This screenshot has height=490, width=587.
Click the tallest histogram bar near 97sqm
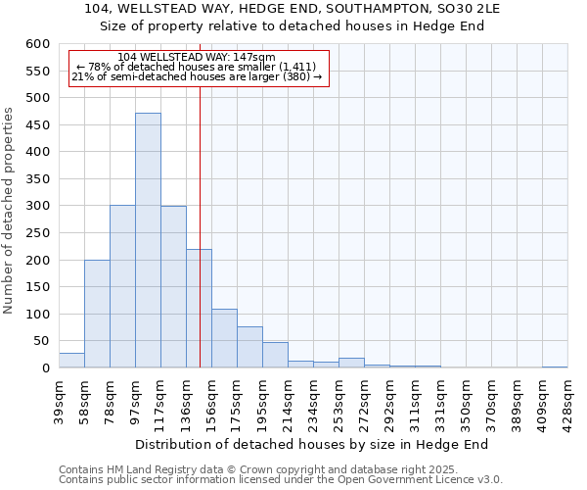click(148, 240)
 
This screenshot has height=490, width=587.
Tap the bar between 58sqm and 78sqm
click(97, 314)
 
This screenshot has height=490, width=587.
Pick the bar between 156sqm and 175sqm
click(224, 338)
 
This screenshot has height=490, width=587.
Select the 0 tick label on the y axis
click(45, 368)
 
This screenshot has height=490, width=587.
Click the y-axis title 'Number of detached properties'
click(10, 212)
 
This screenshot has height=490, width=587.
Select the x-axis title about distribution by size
click(311, 444)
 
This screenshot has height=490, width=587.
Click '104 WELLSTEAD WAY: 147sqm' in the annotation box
click(196, 58)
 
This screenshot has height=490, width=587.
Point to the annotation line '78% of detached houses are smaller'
click(196, 68)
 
